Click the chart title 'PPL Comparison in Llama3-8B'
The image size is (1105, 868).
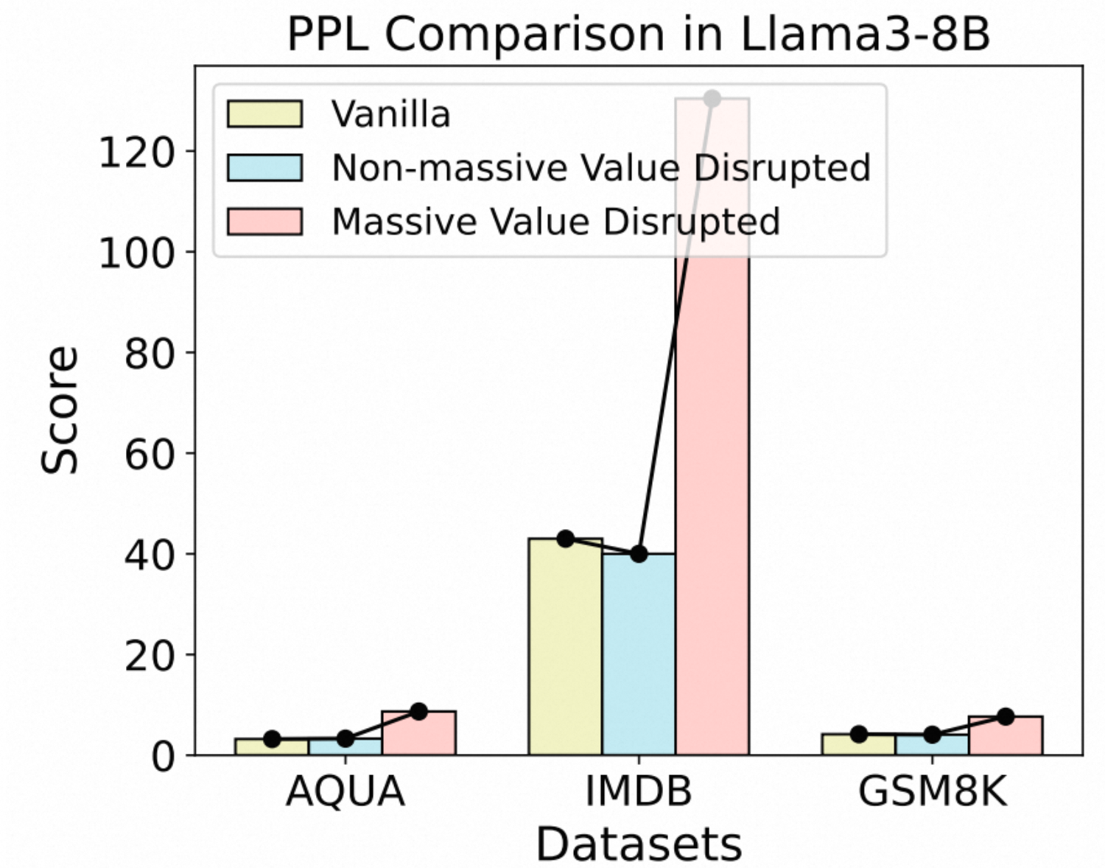(x=638, y=34)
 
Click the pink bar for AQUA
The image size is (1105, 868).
(x=418, y=733)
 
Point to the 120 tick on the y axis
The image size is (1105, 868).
(x=136, y=152)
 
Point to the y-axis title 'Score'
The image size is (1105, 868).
(x=59, y=410)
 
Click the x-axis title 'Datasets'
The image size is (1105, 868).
(x=639, y=844)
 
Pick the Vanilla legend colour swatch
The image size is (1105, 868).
(x=264, y=114)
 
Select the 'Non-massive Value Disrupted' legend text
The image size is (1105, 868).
(x=601, y=168)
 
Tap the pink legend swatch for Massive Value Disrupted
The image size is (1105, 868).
(x=264, y=221)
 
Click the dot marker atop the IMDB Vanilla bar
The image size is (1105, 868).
(x=565, y=539)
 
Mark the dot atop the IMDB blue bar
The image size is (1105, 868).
(x=639, y=553)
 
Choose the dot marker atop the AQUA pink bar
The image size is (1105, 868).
(x=418, y=712)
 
